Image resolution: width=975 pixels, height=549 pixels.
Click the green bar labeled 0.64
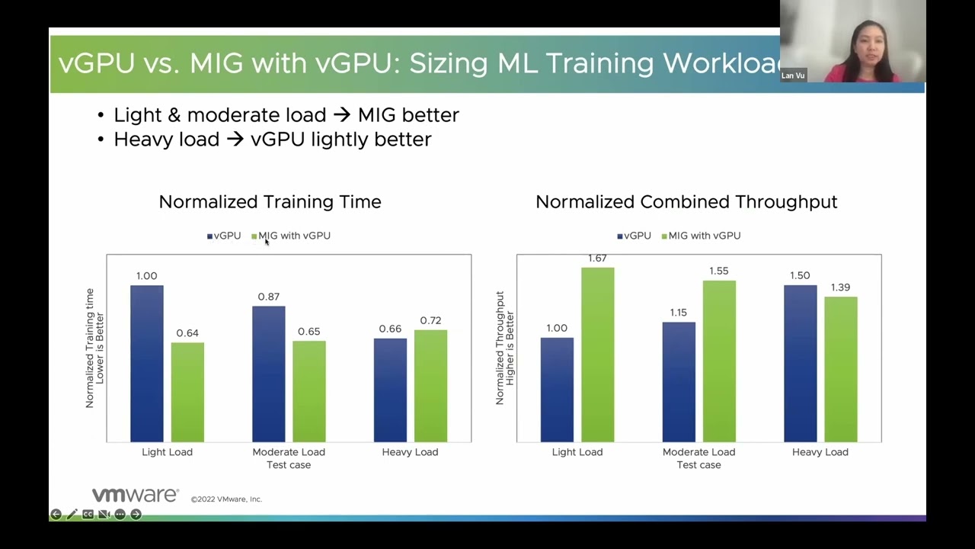[x=187, y=392]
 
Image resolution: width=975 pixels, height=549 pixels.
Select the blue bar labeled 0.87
[x=269, y=374]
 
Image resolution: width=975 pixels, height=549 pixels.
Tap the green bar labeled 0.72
[x=430, y=386]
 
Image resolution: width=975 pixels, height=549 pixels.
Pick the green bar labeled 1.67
[x=598, y=355]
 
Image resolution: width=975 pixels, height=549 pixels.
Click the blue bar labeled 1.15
[x=679, y=382]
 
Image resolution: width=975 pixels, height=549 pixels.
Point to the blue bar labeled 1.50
[x=801, y=364]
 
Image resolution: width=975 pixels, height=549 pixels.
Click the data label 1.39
[x=840, y=287]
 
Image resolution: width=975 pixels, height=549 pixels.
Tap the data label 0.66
[x=390, y=329]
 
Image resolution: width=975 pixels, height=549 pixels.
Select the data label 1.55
[x=718, y=271]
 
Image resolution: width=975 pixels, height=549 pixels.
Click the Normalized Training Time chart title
[x=270, y=202]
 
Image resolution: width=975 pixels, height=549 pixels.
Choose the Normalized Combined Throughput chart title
[x=686, y=202]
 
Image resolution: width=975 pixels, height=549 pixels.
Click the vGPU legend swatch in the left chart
[x=209, y=236]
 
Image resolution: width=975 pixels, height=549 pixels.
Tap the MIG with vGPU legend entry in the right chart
[x=701, y=236]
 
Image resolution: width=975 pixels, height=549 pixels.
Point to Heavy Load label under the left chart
[x=410, y=452]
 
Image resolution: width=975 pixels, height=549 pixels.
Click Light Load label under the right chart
[x=577, y=452]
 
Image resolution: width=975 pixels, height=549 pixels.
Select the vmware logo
[x=136, y=495]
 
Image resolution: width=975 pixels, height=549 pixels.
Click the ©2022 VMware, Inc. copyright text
[x=226, y=499]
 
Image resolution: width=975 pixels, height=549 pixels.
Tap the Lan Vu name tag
[x=793, y=75]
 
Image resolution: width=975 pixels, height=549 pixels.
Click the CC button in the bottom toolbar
[x=88, y=515]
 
